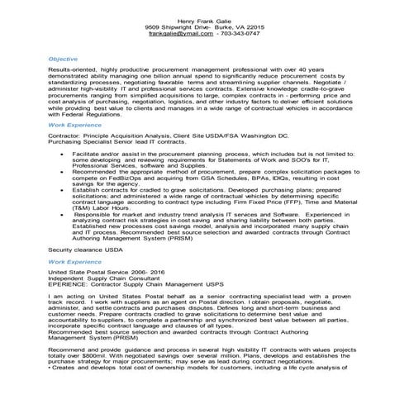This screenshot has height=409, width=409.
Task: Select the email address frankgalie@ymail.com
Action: [x=180, y=34]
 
